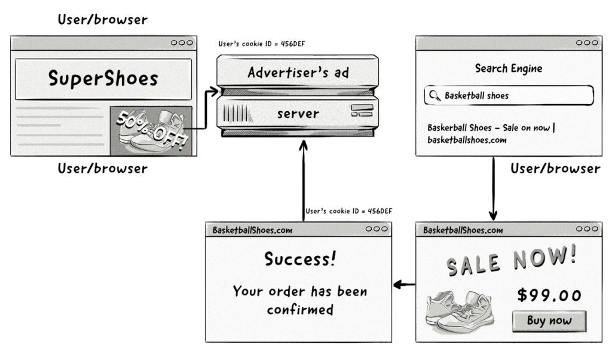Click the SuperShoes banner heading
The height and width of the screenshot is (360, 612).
click(103, 79)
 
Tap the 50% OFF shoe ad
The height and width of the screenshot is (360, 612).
click(151, 130)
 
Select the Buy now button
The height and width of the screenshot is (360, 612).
click(549, 321)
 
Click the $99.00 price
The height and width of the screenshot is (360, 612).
click(549, 295)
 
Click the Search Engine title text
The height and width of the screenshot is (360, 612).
click(509, 68)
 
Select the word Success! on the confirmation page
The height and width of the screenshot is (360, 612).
click(299, 259)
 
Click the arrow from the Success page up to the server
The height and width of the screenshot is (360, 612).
click(304, 179)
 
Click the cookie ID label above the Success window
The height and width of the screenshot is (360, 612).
click(348, 211)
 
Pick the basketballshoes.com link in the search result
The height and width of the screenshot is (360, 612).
click(467, 141)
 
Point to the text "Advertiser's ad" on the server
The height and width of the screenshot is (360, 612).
click(298, 74)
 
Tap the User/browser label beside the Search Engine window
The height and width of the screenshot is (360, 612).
click(555, 169)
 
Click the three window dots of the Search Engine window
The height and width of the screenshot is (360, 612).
click(588, 43)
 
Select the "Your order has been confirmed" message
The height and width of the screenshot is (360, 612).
click(299, 301)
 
